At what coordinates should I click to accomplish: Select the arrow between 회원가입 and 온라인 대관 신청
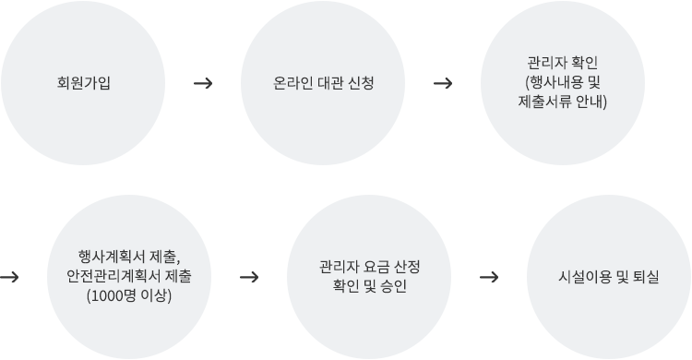[x=204, y=83]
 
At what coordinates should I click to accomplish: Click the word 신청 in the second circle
[x=359, y=83]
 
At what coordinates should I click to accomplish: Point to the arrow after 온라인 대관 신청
[x=442, y=83]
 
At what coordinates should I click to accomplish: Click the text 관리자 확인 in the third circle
[x=563, y=64]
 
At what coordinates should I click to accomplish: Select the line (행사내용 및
[x=563, y=83]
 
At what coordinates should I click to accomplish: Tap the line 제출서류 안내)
[x=563, y=102]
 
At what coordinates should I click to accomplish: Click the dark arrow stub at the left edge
[x=8, y=276]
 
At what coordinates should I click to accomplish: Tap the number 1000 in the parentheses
[x=108, y=295]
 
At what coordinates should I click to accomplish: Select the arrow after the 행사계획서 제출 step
[x=248, y=276]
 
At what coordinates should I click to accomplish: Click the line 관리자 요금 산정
[x=369, y=267]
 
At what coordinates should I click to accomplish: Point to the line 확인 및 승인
[x=369, y=286]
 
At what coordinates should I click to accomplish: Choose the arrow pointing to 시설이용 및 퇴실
[x=490, y=276]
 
